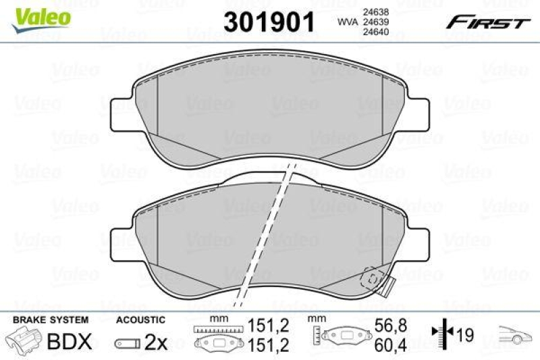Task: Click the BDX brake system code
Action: pyautogui.click(x=68, y=342)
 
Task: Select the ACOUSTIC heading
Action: pyautogui.click(x=140, y=319)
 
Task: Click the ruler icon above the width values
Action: pyautogui.click(x=217, y=329)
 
